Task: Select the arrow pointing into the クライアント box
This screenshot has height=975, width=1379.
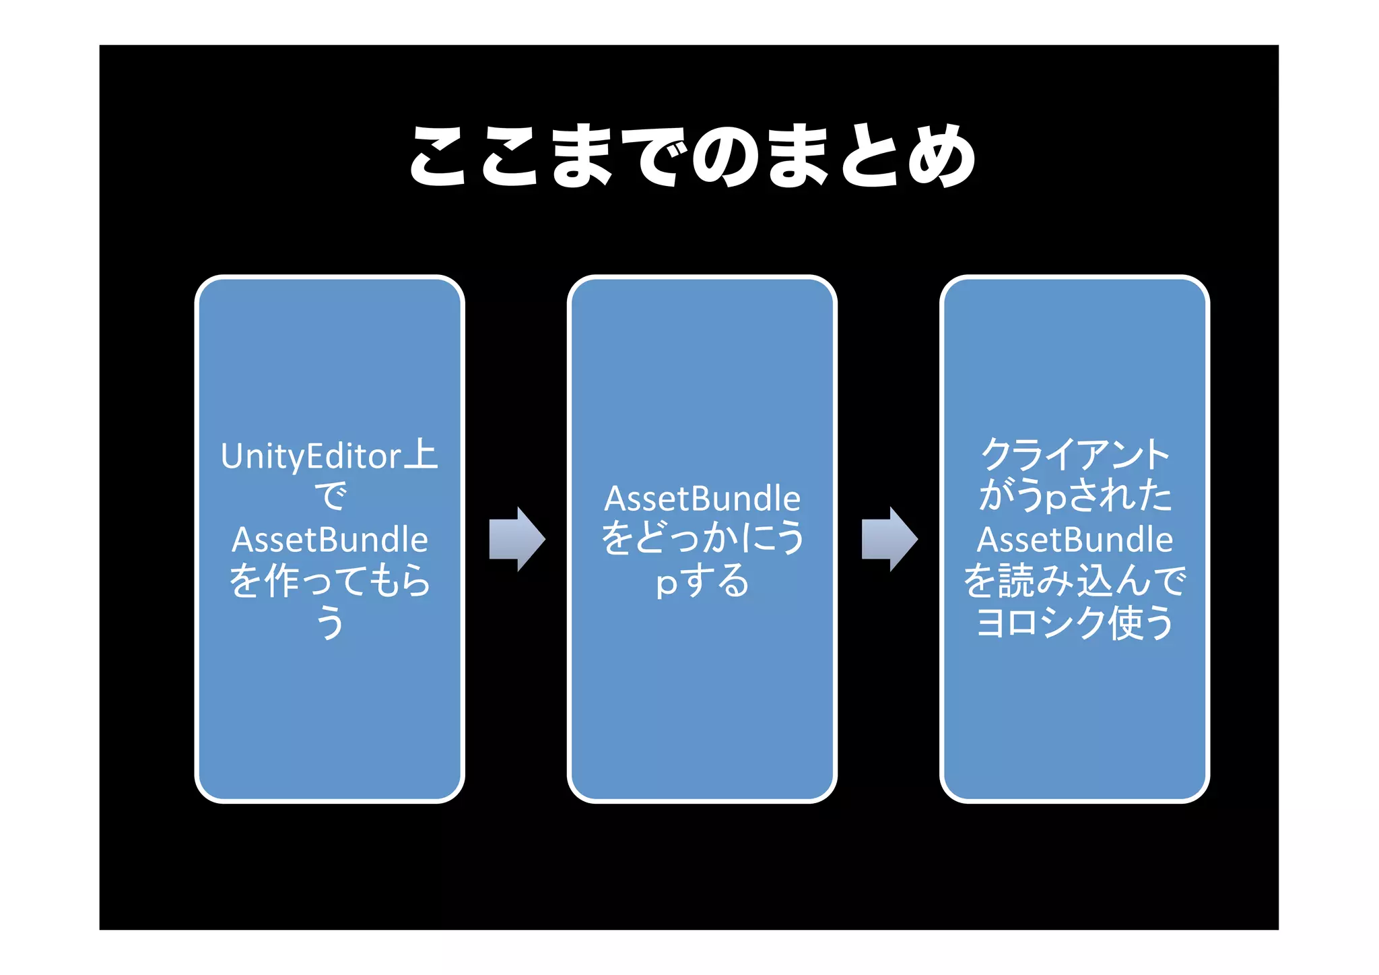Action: pos(889,539)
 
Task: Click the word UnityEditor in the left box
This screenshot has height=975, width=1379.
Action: pos(311,457)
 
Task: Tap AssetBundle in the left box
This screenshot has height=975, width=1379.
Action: pos(330,540)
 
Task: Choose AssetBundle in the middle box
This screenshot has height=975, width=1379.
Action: pos(702,499)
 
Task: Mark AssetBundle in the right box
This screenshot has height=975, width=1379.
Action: pos(1075,540)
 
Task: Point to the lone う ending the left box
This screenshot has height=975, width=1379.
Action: pos(330,623)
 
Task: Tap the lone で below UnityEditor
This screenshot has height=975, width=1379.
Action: pos(330,497)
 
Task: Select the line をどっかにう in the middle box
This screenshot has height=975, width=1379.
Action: pos(702,539)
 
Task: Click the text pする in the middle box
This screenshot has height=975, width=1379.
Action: pos(702,581)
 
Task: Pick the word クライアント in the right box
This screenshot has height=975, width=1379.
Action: pos(1075,455)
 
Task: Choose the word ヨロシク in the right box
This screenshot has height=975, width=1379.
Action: pos(1040,623)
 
